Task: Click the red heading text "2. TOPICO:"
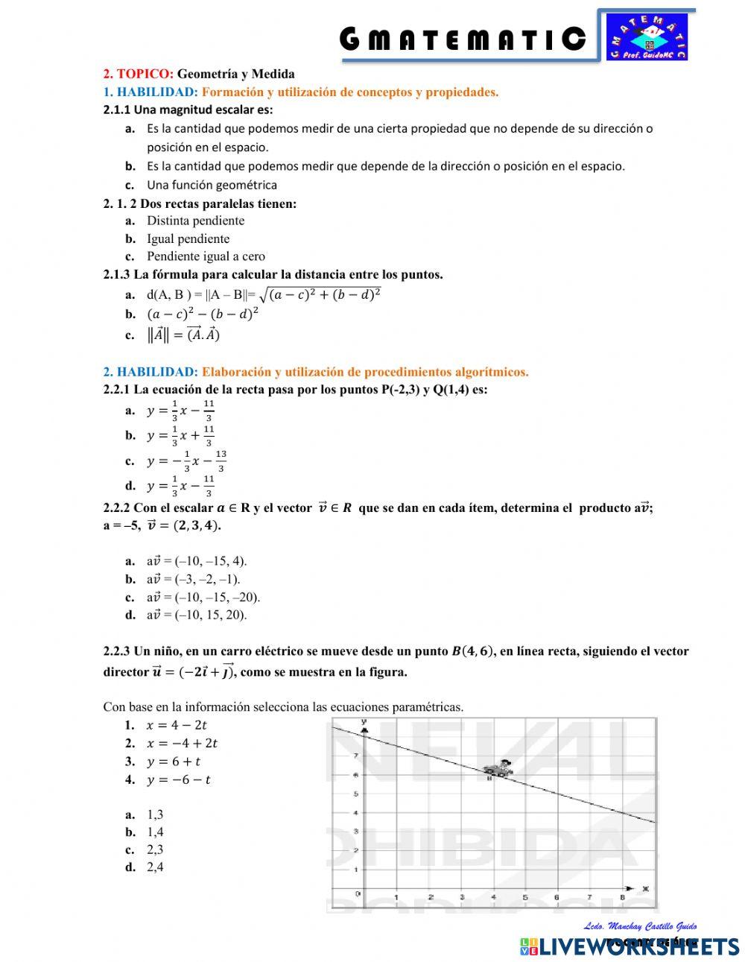(138, 74)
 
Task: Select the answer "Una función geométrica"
(212, 185)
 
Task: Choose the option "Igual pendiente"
(188, 238)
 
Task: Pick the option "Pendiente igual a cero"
(206, 256)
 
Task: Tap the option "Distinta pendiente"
(195, 221)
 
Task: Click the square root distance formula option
(263, 294)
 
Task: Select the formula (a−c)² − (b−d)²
(203, 314)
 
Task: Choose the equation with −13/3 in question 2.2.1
(186, 461)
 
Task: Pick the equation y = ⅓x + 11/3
(180, 435)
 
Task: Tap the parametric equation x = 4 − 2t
(177, 725)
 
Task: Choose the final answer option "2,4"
(155, 867)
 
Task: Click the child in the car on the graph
(498, 768)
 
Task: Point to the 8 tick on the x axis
(622, 898)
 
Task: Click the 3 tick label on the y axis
(356, 831)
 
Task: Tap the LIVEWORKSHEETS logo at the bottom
(630, 946)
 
